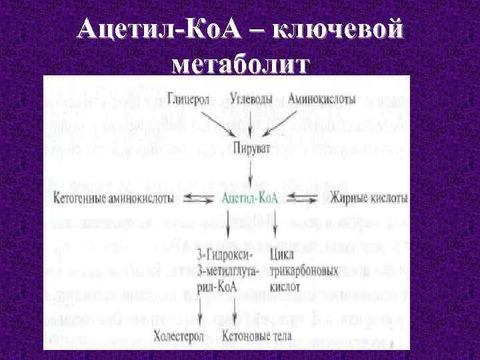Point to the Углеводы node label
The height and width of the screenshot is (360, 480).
(x=252, y=98)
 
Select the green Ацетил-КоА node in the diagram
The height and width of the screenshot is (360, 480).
(x=250, y=198)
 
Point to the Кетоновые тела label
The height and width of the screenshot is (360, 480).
(x=257, y=335)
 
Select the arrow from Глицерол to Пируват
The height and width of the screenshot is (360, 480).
(x=212, y=123)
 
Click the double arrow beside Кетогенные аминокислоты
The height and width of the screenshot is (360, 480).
(x=196, y=198)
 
